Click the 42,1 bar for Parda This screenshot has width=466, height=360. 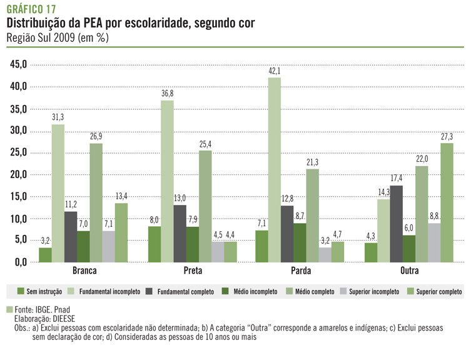coord(275,169)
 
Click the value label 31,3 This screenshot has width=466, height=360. coord(58,117)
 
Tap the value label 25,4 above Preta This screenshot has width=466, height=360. coord(205,144)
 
